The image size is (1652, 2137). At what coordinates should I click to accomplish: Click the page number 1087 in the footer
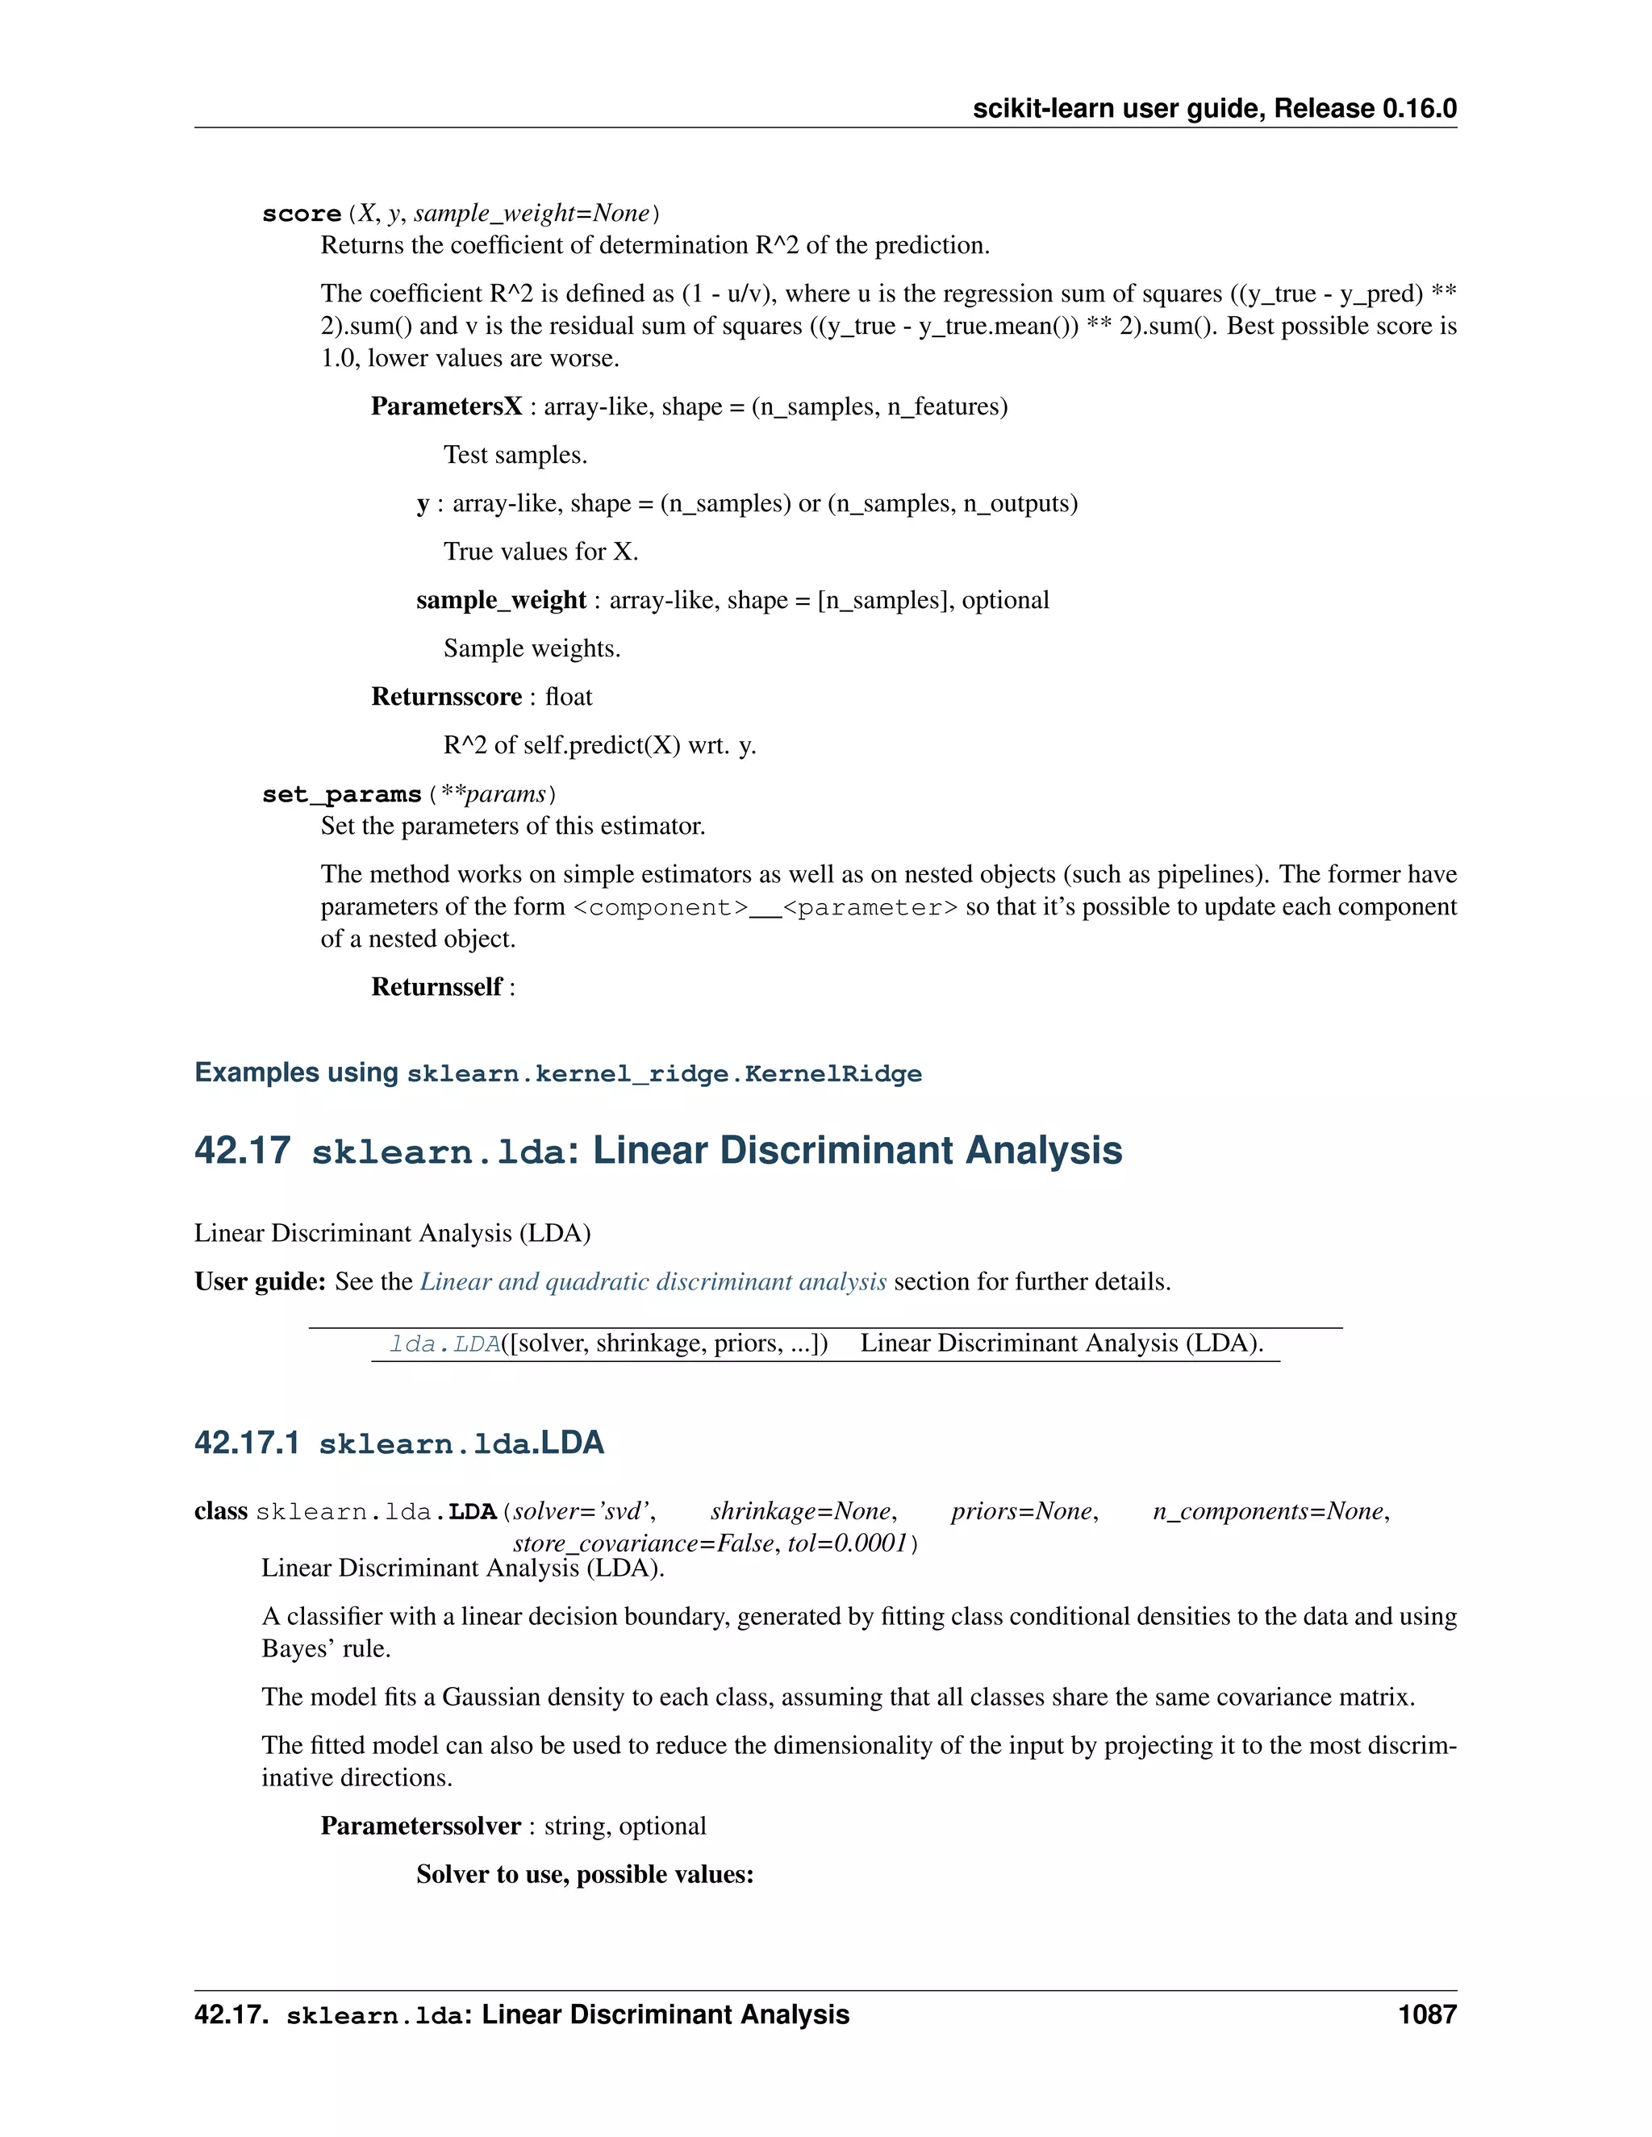point(1427,2014)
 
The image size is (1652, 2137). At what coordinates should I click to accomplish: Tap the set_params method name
point(341,794)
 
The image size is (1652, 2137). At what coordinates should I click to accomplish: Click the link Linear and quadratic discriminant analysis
point(653,1282)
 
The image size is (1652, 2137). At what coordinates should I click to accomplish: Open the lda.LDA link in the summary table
point(444,1344)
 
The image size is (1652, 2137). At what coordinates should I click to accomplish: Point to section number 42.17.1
point(247,1443)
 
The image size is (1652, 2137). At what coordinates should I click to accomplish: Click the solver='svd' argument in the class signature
point(584,1512)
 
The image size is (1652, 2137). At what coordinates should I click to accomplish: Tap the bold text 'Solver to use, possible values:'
point(584,1874)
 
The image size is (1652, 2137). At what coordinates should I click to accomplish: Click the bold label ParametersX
point(446,407)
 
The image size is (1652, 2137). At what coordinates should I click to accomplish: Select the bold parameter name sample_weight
point(500,601)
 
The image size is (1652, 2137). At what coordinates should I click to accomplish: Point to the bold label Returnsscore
point(446,697)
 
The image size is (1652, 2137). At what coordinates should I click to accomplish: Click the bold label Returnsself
point(436,987)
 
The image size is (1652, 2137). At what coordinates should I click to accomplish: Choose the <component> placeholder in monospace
point(661,908)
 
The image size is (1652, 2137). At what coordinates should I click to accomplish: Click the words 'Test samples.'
point(515,455)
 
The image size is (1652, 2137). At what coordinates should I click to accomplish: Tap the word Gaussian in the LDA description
point(490,1697)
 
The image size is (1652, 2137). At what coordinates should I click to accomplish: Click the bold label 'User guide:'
point(260,1282)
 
